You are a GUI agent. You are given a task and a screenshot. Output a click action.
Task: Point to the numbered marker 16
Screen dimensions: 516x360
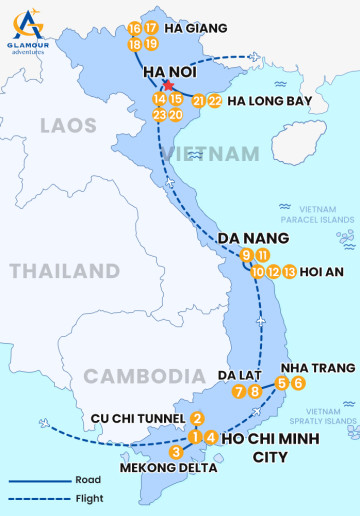[x=135, y=28]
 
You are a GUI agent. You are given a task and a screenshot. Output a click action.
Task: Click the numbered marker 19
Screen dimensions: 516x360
[x=151, y=44]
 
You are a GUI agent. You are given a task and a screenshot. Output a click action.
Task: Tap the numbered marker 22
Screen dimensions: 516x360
[x=215, y=101]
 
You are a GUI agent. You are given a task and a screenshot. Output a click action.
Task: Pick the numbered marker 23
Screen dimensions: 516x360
[x=159, y=115]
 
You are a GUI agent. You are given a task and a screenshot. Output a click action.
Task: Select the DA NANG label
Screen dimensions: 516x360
[x=253, y=238]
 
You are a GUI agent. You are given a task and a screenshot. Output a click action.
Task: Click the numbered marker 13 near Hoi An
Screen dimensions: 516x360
[x=290, y=272]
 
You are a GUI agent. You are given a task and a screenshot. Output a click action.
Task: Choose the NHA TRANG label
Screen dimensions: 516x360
[x=319, y=367]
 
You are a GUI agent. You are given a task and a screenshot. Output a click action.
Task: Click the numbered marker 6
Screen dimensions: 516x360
[x=298, y=383]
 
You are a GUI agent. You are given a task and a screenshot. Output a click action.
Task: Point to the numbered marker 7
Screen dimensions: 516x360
[x=238, y=391]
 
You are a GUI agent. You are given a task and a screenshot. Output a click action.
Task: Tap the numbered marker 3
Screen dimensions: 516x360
[x=176, y=452]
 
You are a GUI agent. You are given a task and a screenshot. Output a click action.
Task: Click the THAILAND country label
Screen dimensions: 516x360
[x=64, y=271]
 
